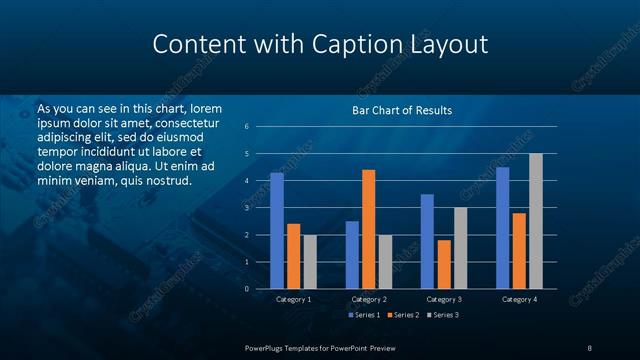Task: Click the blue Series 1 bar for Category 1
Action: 277,230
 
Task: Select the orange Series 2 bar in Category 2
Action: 369,229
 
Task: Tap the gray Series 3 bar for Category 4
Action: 536,221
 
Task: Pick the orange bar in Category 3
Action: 444,264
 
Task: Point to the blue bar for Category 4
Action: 502,227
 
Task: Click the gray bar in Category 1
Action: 310,261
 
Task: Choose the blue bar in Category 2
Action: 352,254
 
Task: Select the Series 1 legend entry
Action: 361,315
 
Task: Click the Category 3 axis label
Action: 444,299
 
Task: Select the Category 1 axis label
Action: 294,299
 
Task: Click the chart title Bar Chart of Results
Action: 402,110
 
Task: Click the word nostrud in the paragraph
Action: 168,180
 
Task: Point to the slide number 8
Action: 590,346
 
